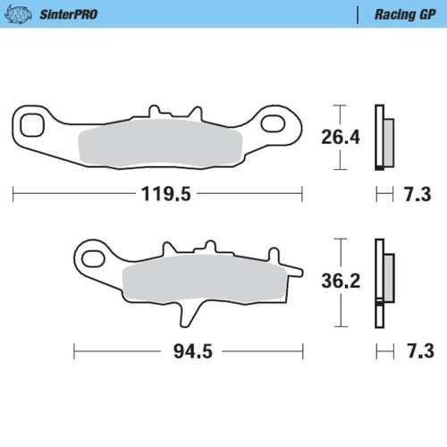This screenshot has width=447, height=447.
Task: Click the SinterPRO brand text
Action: (x=68, y=14)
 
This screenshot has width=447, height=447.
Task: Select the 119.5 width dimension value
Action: (x=161, y=192)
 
